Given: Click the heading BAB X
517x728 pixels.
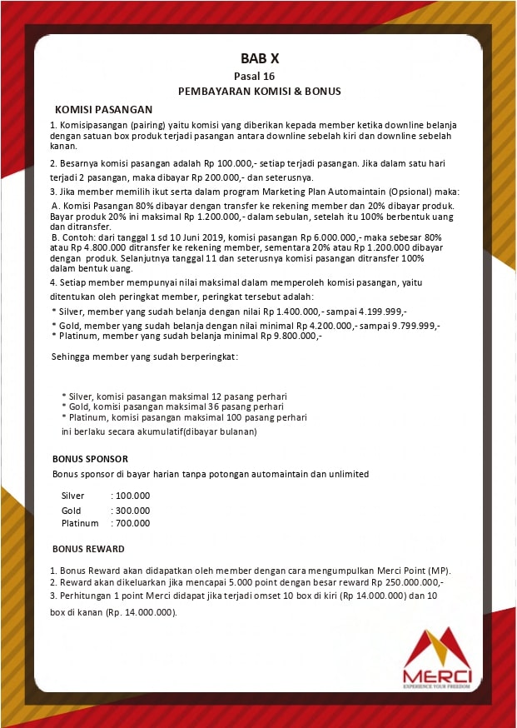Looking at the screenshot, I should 259,58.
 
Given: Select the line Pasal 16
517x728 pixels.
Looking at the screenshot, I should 259,76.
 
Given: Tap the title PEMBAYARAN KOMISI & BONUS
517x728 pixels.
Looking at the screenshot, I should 259,91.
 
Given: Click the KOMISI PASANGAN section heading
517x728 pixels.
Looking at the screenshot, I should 103,109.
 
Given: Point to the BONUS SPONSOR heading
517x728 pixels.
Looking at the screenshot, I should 90,459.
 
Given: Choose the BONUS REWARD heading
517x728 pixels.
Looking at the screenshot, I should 88,549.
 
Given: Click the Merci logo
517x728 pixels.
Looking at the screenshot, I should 436,658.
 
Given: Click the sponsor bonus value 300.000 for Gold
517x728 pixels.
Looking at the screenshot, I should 133,510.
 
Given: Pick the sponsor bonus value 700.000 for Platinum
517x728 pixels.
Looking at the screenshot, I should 133,523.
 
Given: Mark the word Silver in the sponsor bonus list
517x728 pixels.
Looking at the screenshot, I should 73,496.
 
